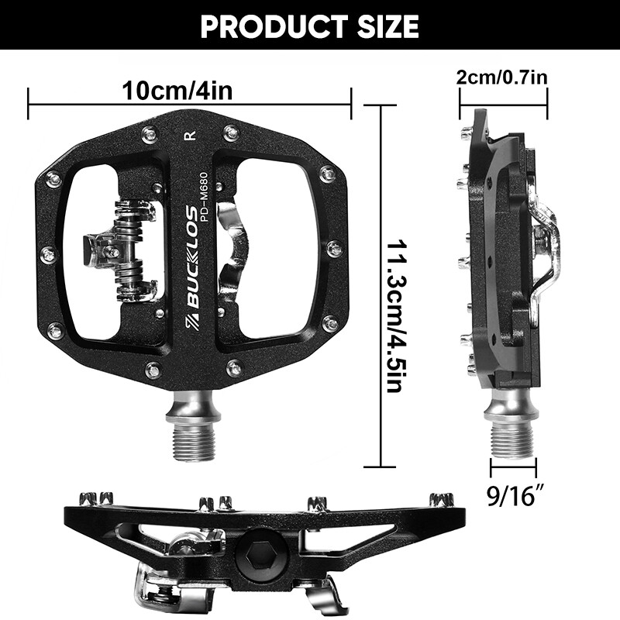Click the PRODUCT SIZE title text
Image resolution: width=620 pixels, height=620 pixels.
pos(310,26)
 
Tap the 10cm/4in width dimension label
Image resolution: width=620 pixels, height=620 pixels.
pos(177,91)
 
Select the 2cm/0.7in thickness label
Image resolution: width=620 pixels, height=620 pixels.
pos(503,77)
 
